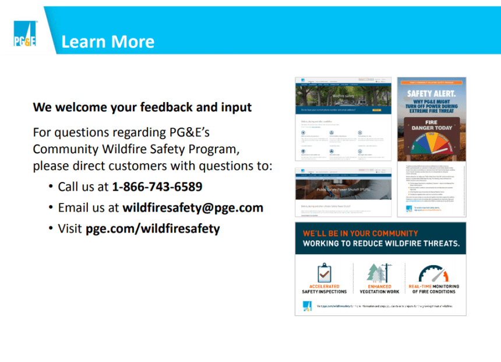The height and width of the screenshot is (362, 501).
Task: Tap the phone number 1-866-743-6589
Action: point(157,187)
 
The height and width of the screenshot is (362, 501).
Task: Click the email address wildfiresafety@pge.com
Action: point(193,208)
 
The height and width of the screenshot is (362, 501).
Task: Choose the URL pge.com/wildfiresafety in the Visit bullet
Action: point(153,229)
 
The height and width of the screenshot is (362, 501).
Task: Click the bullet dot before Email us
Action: point(51,208)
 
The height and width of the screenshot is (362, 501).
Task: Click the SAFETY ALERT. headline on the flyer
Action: point(432,93)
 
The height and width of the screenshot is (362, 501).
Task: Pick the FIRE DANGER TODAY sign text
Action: point(432,124)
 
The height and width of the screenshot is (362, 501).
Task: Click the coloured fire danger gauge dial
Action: point(432,145)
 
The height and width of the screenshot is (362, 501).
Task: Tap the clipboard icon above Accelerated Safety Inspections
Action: point(324,272)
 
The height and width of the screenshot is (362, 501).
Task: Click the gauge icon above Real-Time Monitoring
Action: point(433,273)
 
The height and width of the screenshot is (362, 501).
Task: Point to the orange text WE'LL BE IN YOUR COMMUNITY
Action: point(361,233)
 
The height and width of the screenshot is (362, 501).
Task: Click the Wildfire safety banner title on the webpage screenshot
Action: point(343,95)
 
